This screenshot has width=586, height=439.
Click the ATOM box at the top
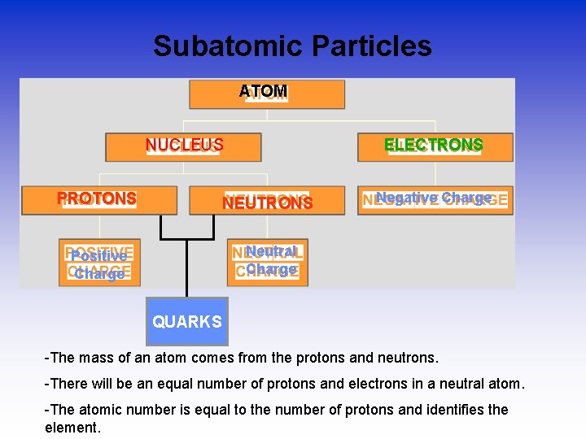click(266, 94)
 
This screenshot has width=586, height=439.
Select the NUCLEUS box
click(183, 147)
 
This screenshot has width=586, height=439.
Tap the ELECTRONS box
click(435, 147)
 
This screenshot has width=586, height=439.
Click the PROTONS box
click(98, 200)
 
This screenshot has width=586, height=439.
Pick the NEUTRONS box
click(267, 201)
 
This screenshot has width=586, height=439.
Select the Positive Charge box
click(99, 263)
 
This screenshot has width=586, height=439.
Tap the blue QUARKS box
click(187, 322)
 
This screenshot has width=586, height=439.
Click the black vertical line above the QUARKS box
click(187, 268)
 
